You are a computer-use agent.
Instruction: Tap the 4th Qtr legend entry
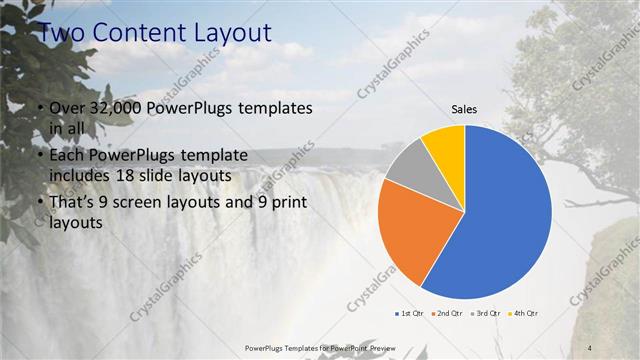[x=525, y=314]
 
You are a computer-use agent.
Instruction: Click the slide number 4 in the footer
[x=590, y=346]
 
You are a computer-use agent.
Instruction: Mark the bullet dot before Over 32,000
[x=39, y=108]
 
